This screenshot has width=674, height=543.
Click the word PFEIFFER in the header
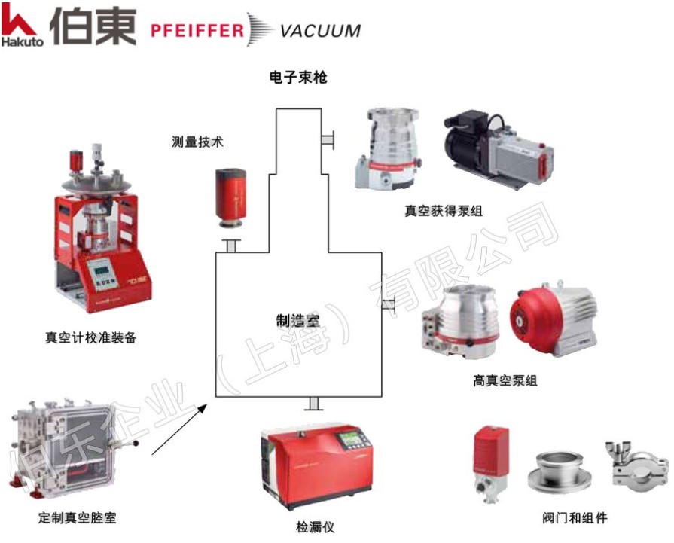197,30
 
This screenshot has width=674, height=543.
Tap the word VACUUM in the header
319,31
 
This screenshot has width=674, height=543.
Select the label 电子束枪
298,78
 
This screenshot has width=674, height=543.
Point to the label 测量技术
197,142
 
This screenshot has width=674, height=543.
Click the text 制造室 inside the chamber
298,319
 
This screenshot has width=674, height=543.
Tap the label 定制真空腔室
78,518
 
